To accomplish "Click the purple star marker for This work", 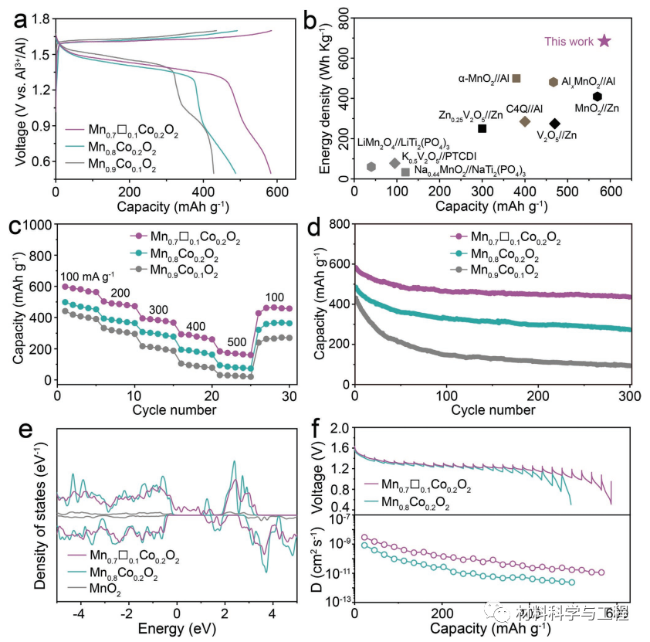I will coord(604,41).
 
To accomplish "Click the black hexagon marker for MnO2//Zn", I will coord(598,97).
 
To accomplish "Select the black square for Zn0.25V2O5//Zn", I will coord(482,128).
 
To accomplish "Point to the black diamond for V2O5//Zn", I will coord(555,124).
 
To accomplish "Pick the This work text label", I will coord(569,42).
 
